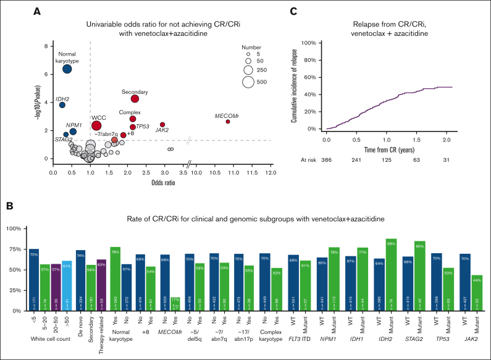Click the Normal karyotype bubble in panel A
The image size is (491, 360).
67,69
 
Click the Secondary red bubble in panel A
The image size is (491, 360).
135,98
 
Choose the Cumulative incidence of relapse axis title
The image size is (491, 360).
295,86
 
